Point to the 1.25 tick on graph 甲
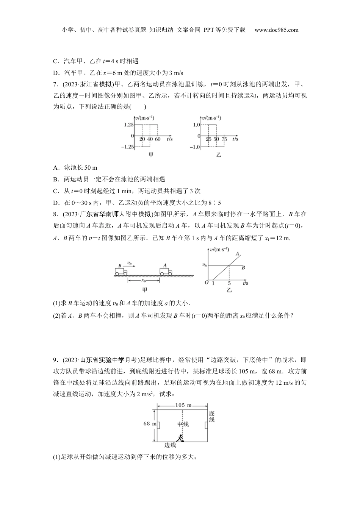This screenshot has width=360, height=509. (x=128, y=124)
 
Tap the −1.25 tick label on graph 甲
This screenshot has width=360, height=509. (x=127, y=147)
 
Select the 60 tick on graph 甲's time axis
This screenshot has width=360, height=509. (x=158, y=139)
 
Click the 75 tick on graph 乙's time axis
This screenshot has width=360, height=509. (x=224, y=139)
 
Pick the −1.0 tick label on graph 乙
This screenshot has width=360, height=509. (x=195, y=147)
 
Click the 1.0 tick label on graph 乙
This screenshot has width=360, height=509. (x=197, y=124)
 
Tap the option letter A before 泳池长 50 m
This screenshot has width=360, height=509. (x=55, y=167)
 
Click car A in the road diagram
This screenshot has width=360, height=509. (x=166, y=272)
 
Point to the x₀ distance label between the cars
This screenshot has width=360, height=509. (x=144, y=281)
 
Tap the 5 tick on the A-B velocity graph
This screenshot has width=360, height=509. (x=229, y=283)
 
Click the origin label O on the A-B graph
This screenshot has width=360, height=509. (x=207, y=283)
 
